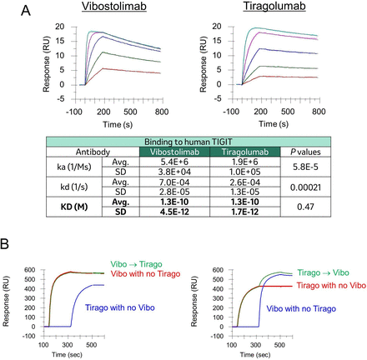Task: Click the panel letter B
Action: [8, 247]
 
